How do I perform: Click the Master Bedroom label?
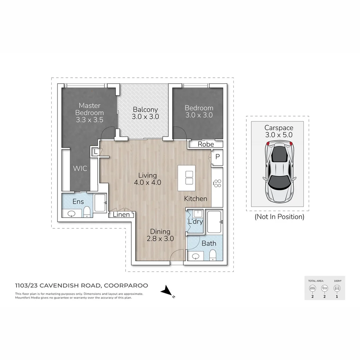(89, 113)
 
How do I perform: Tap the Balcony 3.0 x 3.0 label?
(145, 113)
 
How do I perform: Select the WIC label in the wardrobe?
(80, 168)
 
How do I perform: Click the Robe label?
(205, 144)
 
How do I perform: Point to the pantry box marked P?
(217, 156)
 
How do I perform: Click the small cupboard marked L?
(96, 152)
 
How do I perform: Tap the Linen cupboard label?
(121, 215)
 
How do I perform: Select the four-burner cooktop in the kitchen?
(217, 183)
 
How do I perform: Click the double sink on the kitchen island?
(189, 178)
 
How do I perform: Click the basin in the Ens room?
(72, 214)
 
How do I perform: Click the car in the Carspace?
(279, 172)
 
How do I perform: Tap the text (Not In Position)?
(279, 217)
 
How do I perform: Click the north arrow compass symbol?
(166, 292)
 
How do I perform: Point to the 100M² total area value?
(337, 281)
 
